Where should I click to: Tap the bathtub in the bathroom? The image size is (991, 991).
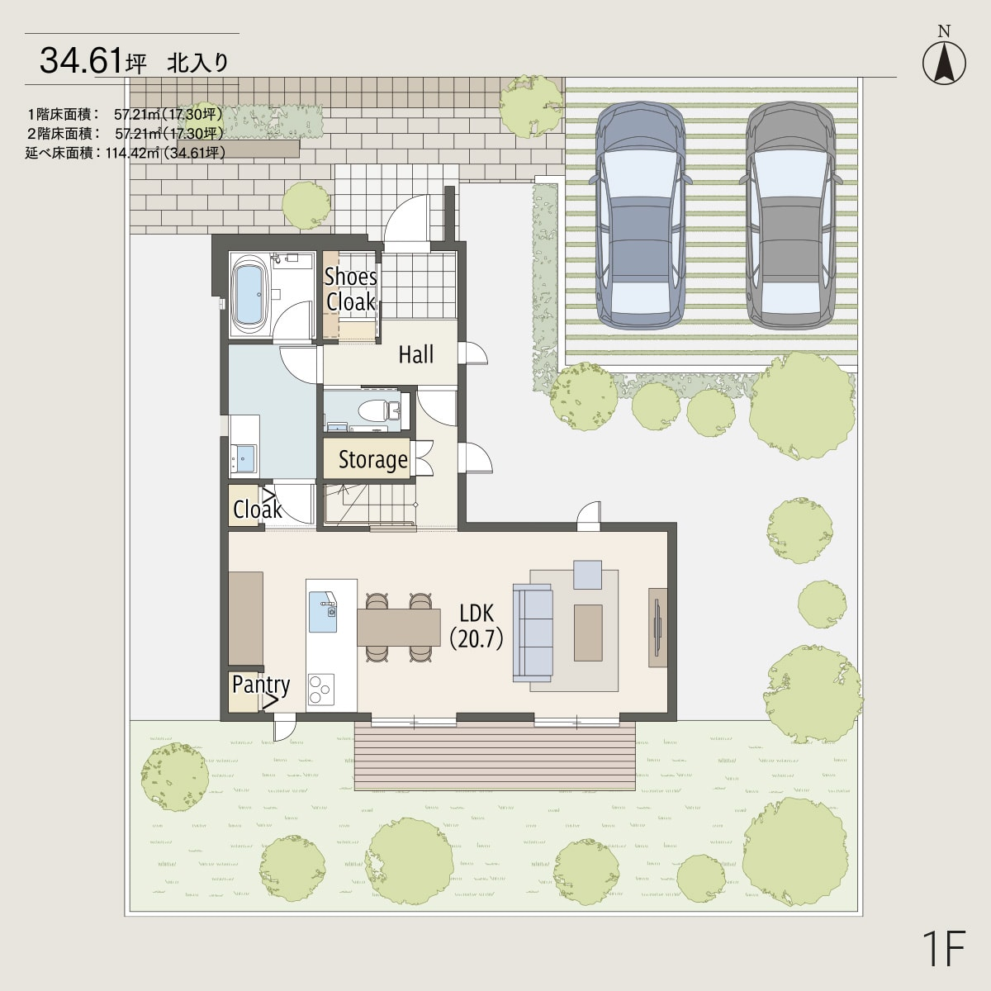coord(250,296)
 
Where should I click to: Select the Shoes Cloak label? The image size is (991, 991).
coord(351,290)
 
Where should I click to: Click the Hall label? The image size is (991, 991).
coord(416,354)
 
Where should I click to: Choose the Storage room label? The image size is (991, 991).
coord(372,460)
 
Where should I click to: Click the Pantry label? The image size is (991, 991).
coord(261,685)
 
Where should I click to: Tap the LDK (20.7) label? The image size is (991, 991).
coord(477,626)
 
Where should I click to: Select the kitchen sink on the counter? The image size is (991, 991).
coord(322,611)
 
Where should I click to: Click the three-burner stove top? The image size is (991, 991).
coord(321,689)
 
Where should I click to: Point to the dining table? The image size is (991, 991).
coord(399,627)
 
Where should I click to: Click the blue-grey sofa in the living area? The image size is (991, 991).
coord(533,633)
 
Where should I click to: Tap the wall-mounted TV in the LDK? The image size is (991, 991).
coord(657,628)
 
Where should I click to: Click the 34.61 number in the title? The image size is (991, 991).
coord(82,60)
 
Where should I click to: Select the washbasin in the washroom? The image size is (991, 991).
coord(244,458)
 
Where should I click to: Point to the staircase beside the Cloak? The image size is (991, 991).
coord(369,505)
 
